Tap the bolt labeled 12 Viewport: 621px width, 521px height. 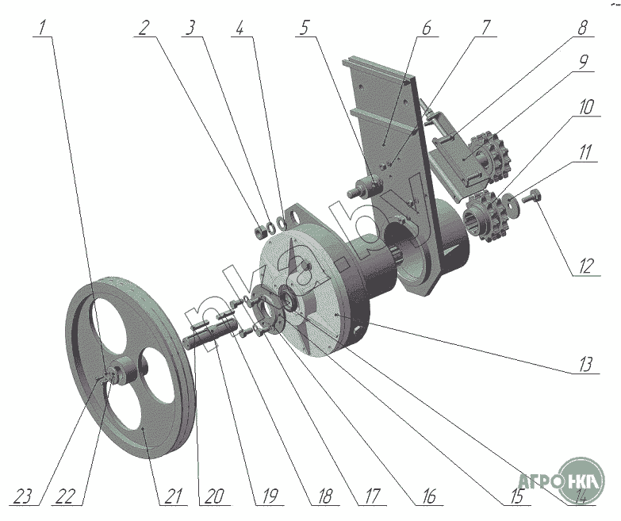(533, 195)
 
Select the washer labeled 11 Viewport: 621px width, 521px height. (515, 203)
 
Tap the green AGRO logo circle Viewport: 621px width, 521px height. (582, 477)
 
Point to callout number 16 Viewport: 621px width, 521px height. (427, 497)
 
